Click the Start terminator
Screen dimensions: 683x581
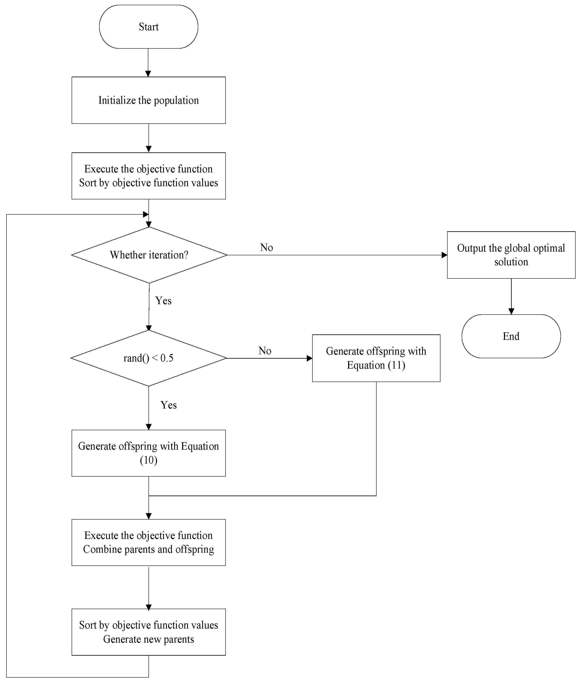[x=148, y=27]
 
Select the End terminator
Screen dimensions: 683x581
[x=511, y=336]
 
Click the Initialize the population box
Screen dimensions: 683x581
[x=148, y=100]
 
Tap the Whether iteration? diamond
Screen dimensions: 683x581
[x=149, y=255]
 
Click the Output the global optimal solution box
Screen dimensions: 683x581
[x=511, y=255]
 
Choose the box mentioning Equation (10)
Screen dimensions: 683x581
[x=148, y=453]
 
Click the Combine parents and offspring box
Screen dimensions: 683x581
[x=148, y=543]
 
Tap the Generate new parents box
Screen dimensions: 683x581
[x=148, y=632]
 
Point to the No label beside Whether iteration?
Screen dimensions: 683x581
[x=266, y=247]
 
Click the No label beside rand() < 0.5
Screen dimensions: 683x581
[x=265, y=350]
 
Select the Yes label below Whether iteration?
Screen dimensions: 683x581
[x=163, y=301]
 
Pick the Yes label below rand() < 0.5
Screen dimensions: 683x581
[x=169, y=405]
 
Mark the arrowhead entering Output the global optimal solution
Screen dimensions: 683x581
[x=444, y=255]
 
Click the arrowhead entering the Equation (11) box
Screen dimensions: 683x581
[x=309, y=358]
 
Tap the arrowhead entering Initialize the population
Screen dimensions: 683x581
[x=148, y=74]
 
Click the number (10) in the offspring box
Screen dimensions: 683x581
[x=148, y=460]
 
